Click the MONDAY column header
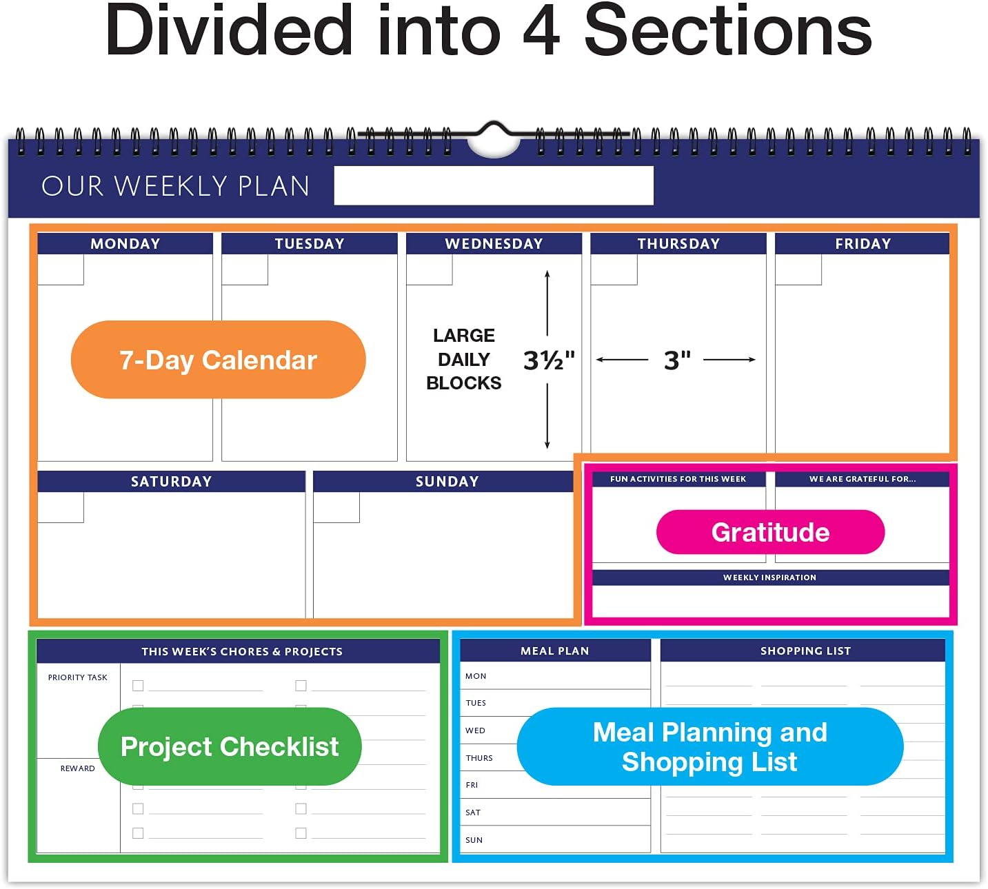(x=125, y=244)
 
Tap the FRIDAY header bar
(x=863, y=244)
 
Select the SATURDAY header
(x=171, y=482)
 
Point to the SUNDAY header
(x=447, y=482)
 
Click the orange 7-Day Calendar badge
(x=218, y=360)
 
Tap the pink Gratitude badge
(x=770, y=532)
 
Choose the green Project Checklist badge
(x=230, y=746)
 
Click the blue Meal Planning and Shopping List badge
(x=709, y=746)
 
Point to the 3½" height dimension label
(x=549, y=360)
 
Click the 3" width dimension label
(x=677, y=360)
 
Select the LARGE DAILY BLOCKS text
(x=464, y=359)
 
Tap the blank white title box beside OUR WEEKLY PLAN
(x=494, y=185)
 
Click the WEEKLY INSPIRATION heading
(x=769, y=578)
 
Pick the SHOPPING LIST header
(x=805, y=651)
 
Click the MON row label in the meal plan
(x=476, y=676)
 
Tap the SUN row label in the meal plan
(x=474, y=840)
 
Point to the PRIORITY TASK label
(x=78, y=677)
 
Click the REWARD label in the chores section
(x=78, y=768)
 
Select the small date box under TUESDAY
(x=245, y=269)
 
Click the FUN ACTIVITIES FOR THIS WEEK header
(x=678, y=479)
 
